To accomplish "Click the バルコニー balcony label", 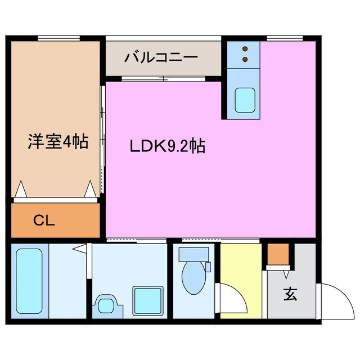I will tap(161, 57).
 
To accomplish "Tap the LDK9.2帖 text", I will tap(167, 147).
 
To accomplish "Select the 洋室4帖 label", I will tap(58, 142).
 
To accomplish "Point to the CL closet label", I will tap(43, 220).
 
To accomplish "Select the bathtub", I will tap(29, 281).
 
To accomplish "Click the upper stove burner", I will tap(245, 49).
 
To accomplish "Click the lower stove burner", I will tap(245, 58).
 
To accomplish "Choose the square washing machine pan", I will tap(147, 300).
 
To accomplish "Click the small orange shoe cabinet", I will tap(277, 255).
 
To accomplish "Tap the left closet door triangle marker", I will tap(20, 190).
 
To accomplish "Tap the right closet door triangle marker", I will tap(90, 189).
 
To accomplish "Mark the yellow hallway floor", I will tap(240, 264).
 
